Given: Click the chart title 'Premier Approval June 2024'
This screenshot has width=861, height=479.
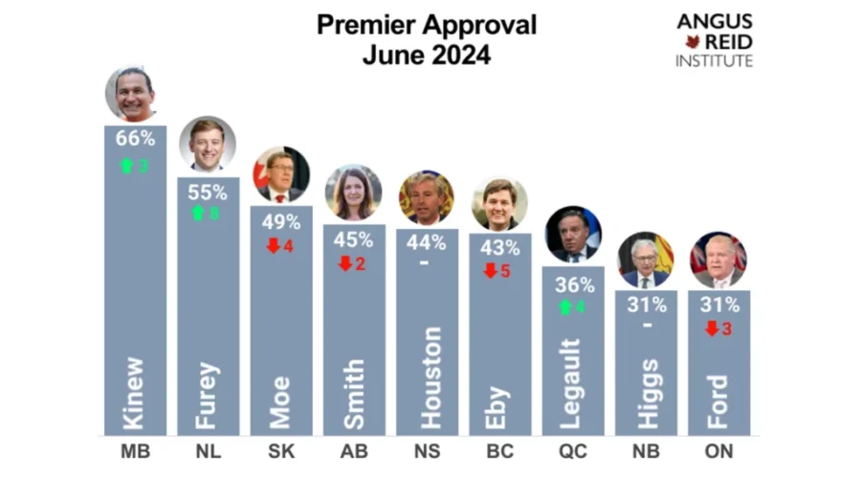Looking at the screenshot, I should click(427, 39).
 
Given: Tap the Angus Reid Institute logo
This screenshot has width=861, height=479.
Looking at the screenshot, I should click(715, 40).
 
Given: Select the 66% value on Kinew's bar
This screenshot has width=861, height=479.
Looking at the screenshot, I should click(135, 138).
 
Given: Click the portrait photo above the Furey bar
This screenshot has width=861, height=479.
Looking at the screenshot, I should click(208, 144).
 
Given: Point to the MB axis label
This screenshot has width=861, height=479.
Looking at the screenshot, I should click(135, 450).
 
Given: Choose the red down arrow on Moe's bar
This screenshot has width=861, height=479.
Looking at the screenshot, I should click(273, 245).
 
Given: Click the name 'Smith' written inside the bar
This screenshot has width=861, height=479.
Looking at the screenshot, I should click(353, 393).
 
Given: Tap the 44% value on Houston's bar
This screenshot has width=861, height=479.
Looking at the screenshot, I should click(427, 241).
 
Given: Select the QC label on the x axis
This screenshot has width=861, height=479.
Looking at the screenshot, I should click(572, 450).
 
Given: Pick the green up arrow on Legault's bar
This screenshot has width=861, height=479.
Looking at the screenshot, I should click(565, 308).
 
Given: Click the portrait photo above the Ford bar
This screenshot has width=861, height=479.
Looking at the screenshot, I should click(718, 259).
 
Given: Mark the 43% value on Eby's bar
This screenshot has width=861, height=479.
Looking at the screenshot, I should click(499, 246).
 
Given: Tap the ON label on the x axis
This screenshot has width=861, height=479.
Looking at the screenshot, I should click(718, 450).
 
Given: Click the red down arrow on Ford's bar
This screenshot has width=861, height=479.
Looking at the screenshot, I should click(711, 329).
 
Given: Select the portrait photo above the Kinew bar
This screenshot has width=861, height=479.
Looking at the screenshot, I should click(131, 93).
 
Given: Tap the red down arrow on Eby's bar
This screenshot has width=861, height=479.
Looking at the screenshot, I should click(491, 270).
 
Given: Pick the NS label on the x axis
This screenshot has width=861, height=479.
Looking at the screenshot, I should click(427, 450).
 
